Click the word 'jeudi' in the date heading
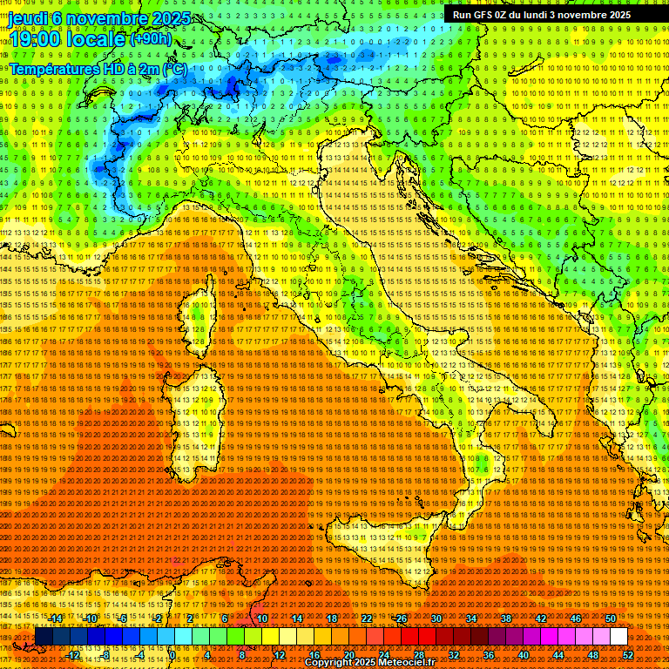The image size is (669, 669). [28, 18]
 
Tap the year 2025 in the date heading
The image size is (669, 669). [170, 18]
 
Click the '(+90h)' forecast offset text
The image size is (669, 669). [150, 39]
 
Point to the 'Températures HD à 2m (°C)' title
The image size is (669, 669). [98, 68]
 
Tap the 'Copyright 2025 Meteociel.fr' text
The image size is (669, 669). [369, 663]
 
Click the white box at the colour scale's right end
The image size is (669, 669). [618, 637]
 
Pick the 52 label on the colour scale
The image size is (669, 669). [627, 654]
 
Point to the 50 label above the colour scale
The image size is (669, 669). [610, 618]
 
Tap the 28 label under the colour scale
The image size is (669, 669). [418, 654]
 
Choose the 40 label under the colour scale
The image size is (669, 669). [523, 654]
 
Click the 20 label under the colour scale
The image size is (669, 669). [348, 654]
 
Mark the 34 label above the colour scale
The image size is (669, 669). [470, 618]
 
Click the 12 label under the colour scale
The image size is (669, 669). [279, 654]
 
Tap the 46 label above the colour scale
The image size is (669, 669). [575, 618]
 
